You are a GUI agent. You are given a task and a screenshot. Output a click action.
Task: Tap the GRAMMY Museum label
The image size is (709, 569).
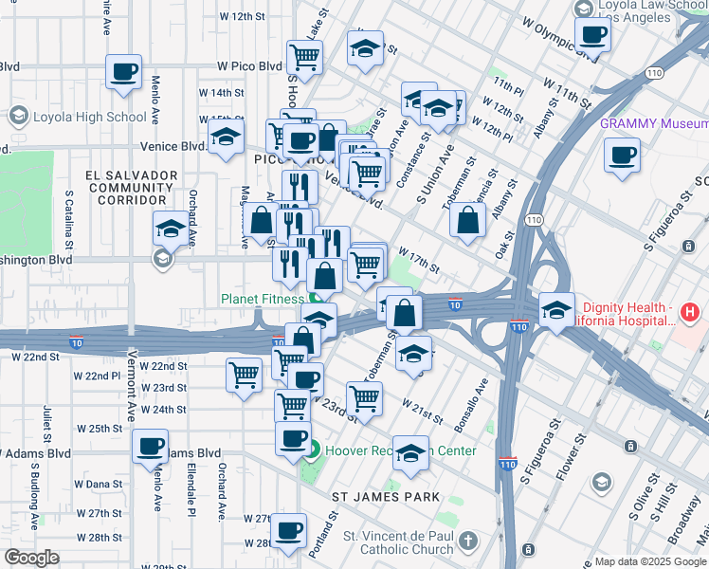(654, 124)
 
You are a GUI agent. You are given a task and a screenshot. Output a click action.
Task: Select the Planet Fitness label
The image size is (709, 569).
(258, 298)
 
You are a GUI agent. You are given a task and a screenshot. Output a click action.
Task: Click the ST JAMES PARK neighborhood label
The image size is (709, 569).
(385, 497)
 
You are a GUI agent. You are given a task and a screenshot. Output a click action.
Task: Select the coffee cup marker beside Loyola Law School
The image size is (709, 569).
(592, 36)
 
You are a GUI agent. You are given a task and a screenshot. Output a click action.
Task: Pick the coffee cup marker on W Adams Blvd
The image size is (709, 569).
(149, 446)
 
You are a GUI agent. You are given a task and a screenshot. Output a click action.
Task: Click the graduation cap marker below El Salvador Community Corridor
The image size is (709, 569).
(170, 228)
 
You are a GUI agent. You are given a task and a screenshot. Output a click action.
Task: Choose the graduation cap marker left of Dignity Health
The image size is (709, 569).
(556, 309)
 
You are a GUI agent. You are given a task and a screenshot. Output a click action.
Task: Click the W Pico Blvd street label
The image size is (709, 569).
(249, 66)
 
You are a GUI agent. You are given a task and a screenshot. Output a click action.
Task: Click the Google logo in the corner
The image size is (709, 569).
(31, 558)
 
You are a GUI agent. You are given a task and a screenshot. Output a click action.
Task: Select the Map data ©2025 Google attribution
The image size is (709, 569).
(649, 561)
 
